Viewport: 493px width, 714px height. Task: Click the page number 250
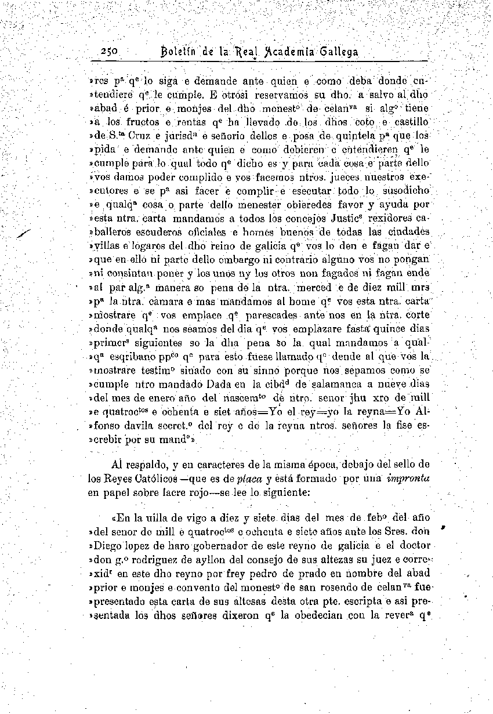point(109,51)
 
